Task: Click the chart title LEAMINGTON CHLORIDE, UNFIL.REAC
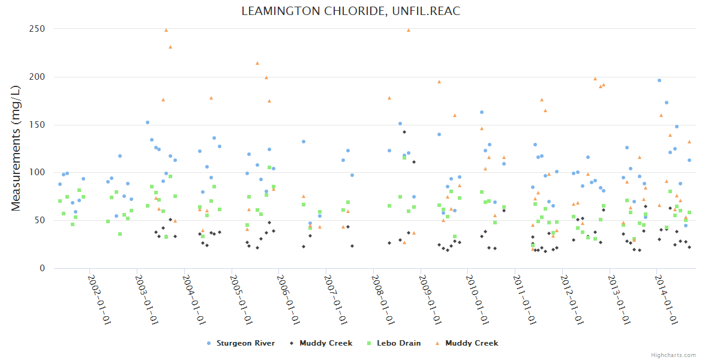(x=351, y=11)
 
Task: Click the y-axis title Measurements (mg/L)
(x=16, y=148)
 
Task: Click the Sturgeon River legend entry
(x=245, y=343)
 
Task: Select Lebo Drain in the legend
(x=398, y=343)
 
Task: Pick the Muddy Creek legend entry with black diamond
(x=325, y=343)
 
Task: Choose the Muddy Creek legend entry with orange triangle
(x=471, y=343)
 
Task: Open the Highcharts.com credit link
(x=673, y=355)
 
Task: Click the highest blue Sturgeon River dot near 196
(x=659, y=80)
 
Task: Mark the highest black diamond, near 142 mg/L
(x=404, y=132)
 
